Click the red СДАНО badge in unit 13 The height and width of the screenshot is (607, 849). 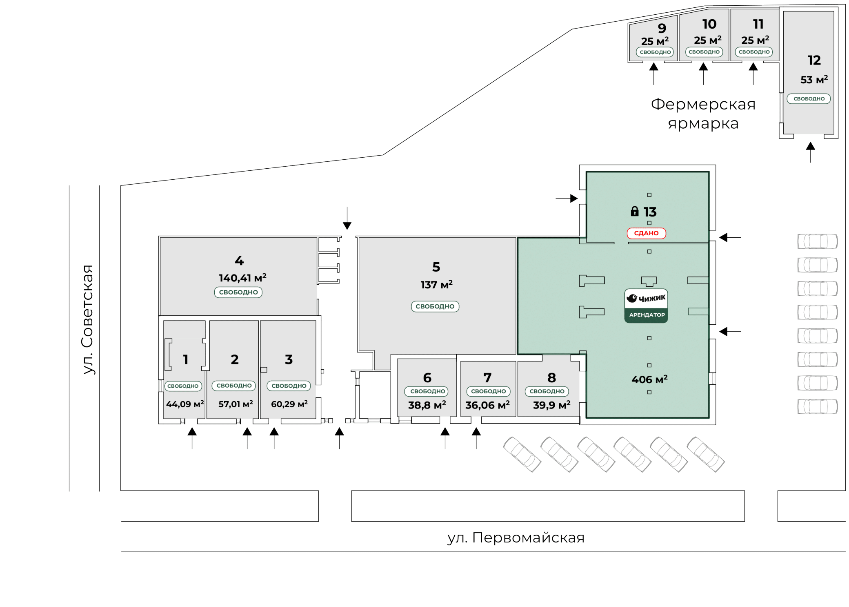(646, 233)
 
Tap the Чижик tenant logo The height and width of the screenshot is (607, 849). (646, 299)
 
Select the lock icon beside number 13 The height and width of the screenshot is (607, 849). (634, 211)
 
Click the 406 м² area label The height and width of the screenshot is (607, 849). (649, 379)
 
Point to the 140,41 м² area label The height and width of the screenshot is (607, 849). (242, 278)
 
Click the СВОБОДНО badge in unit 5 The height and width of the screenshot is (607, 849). (435, 306)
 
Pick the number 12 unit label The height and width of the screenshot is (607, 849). (814, 60)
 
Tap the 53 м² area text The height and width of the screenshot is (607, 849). (814, 79)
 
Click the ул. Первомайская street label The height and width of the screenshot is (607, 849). (516, 538)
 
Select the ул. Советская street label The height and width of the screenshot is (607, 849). (88, 319)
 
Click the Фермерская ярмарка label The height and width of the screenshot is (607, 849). (703, 114)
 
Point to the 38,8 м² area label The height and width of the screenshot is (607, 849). (427, 405)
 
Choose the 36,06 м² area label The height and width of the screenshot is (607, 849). (487, 405)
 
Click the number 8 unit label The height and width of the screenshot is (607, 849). (551, 378)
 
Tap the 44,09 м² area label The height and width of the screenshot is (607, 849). (185, 404)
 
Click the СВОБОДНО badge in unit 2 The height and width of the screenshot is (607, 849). (234, 386)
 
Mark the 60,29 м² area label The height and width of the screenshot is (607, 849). (289, 404)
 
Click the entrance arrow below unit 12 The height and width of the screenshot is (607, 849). (810, 152)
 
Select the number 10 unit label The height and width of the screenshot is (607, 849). (709, 24)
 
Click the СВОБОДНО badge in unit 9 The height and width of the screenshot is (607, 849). (655, 52)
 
